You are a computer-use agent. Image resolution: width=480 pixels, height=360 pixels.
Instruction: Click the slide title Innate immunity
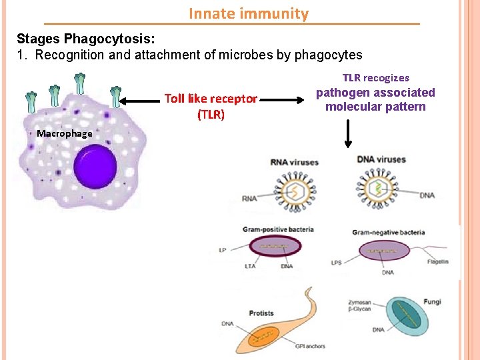(x=249, y=13)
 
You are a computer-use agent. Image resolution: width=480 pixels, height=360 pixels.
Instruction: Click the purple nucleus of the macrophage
(x=95, y=167)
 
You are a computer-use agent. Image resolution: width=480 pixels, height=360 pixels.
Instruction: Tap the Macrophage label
(x=65, y=133)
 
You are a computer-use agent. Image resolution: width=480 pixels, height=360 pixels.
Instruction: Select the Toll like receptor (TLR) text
(x=211, y=106)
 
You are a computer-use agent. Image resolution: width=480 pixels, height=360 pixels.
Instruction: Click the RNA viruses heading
(x=295, y=162)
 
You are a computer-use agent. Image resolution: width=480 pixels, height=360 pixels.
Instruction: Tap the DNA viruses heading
(x=381, y=159)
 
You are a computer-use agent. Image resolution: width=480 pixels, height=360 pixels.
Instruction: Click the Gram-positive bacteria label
(x=278, y=229)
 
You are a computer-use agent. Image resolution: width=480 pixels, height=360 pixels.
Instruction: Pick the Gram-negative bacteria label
(x=388, y=232)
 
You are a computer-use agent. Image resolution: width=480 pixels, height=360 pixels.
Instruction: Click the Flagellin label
(x=437, y=262)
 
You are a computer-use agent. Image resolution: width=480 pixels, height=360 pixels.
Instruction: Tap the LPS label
(x=336, y=263)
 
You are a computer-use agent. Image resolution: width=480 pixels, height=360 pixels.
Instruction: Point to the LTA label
(x=249, y=266)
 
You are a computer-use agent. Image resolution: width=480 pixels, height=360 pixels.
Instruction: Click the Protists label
(x=261, y=313)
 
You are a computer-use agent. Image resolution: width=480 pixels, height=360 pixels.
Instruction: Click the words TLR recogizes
(x=376, y=78)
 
